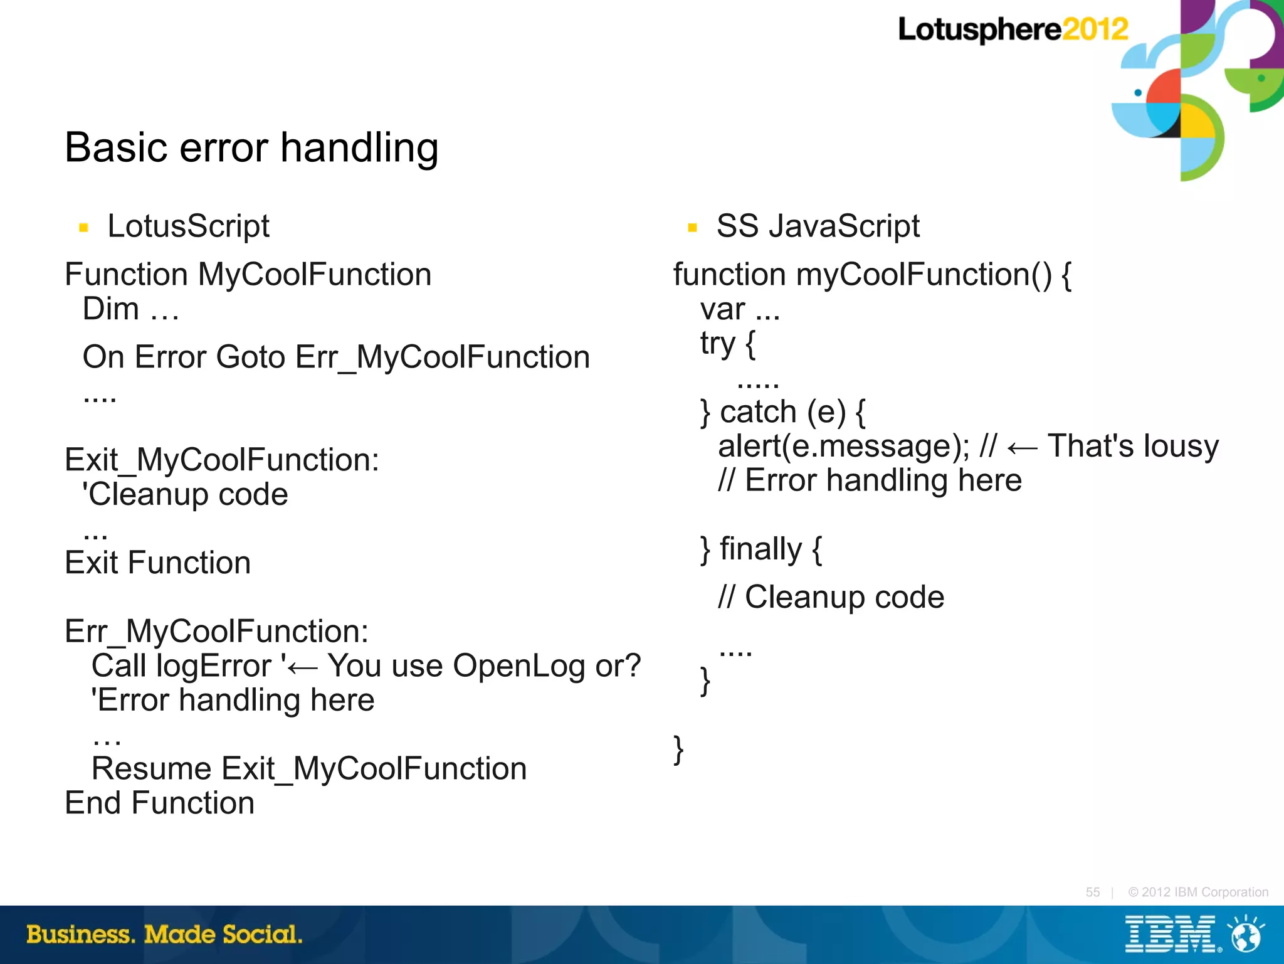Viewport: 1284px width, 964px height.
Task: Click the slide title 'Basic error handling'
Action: pos(251,148)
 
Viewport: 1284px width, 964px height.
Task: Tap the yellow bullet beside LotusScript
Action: pos(83,228)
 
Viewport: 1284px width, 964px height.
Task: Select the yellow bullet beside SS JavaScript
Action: pos(692,228)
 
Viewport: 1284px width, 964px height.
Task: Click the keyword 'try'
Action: pos(717,344)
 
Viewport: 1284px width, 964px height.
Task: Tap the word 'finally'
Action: pos(760,549)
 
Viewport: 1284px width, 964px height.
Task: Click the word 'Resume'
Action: pos(152,769)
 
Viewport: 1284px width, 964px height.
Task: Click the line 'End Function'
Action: pos(160,803)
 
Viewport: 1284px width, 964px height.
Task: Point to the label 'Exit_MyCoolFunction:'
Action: pos(222,460)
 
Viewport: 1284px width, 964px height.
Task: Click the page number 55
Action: pos(1092,892)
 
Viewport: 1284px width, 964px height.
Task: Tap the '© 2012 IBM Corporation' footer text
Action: pos(1198,892)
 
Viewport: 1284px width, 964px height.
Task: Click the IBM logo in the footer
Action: pos(1170,935)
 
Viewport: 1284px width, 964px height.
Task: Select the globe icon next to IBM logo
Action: pos(1246,935)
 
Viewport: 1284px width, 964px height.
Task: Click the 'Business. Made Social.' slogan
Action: pos(164,935)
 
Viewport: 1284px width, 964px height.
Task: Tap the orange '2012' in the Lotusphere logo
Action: pos(1095,29)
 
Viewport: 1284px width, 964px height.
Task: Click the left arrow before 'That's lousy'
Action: pos(1022,448)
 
